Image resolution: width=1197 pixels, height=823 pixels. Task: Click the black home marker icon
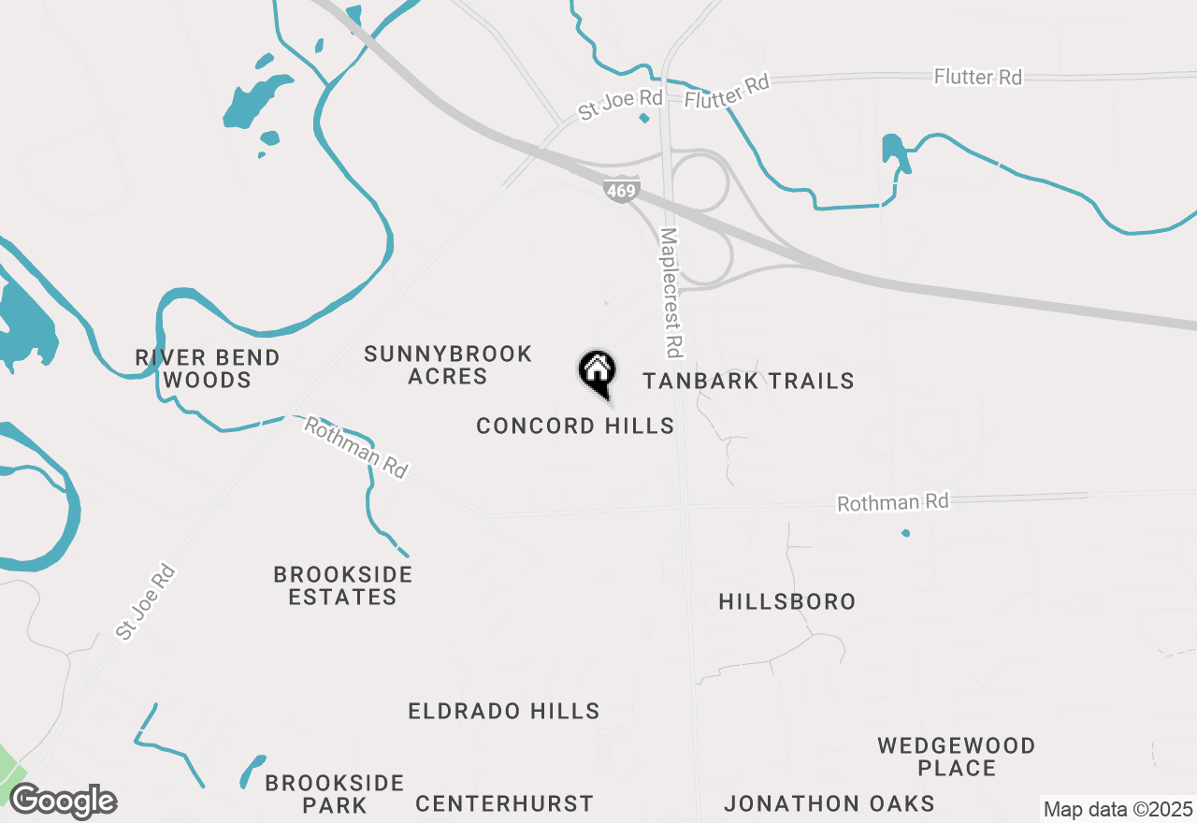click(597, 371)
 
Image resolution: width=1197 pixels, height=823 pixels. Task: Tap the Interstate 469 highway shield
click(621, 191)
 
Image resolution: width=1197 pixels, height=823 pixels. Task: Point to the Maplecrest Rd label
click(671, 293)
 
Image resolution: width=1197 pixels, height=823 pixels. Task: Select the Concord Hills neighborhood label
click(575, 426)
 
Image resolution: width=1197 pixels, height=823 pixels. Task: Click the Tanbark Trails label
click(748, 381)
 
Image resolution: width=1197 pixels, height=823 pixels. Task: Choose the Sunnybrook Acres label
click(448, 365)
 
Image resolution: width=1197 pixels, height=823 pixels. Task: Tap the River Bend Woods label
click(207, 368)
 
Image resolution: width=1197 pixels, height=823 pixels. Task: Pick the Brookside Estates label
click(342, 585)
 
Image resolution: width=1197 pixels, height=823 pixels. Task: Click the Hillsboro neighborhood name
click(787, 601)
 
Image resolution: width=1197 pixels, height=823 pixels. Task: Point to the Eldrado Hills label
click(504, 712)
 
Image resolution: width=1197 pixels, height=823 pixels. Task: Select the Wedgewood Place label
click(956, 757)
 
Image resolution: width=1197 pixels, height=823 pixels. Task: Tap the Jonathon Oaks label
click(829, 803)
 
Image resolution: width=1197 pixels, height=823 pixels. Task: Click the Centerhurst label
click(504, 803)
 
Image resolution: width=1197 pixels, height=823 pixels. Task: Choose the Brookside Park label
click(334, 794)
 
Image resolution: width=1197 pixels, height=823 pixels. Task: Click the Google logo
click(63, 801)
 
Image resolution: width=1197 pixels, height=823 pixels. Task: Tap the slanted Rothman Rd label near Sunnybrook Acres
click(357, 448)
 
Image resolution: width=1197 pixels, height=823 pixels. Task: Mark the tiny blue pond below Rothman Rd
click(905, 533)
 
